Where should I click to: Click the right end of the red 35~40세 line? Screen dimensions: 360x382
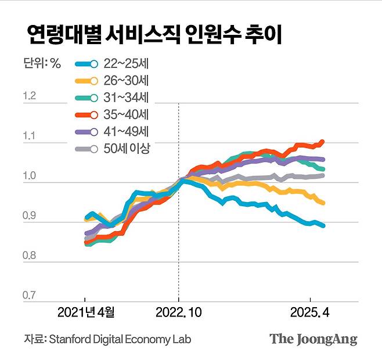[322, 142]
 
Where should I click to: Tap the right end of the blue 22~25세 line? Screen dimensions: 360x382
[323, 225]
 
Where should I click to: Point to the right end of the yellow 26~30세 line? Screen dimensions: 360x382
[323, 203]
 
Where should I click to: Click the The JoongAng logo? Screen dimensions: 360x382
[313, 339]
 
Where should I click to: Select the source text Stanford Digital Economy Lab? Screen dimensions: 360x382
[120, 339]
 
